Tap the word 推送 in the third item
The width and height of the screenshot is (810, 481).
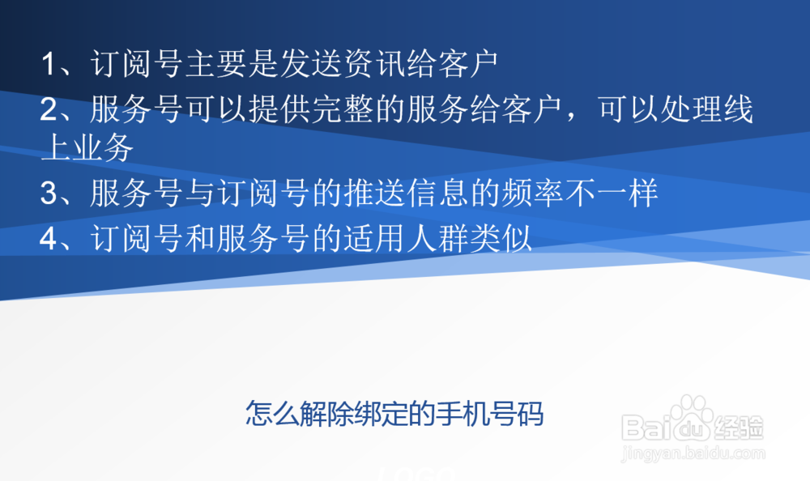(x=375, y=194)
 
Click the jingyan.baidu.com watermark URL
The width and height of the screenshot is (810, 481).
(x=693, y=454)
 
